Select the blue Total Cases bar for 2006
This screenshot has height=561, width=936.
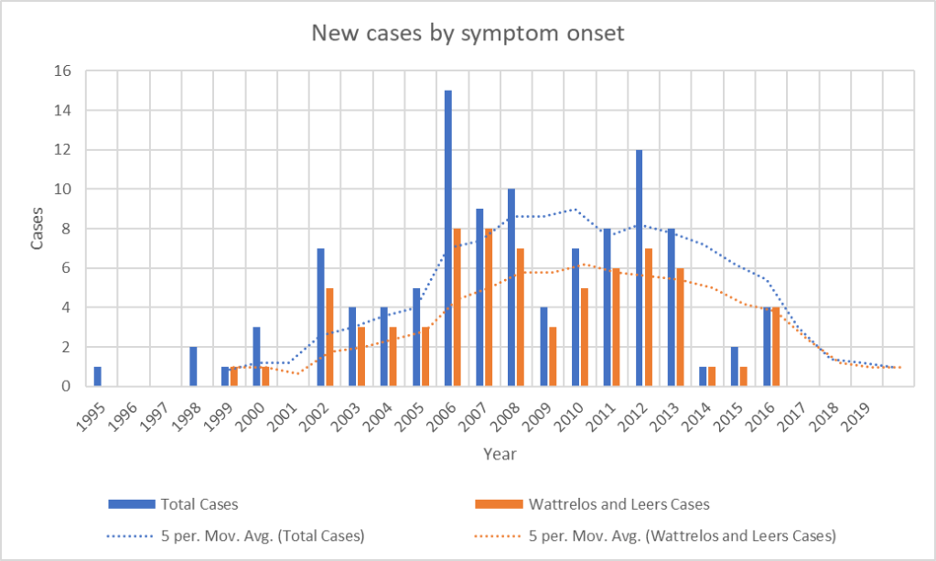coord(447,238)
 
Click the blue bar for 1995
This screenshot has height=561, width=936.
coord(97,376)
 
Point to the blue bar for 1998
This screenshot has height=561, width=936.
coord(193,366)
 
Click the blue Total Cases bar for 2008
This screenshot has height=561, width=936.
coord(511,287)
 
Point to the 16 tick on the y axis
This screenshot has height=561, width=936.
coord(61,71)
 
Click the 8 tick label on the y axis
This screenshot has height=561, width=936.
coord(65,229)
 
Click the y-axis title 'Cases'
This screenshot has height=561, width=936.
coord(38,229)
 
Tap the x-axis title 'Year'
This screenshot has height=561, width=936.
coord(500,453)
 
